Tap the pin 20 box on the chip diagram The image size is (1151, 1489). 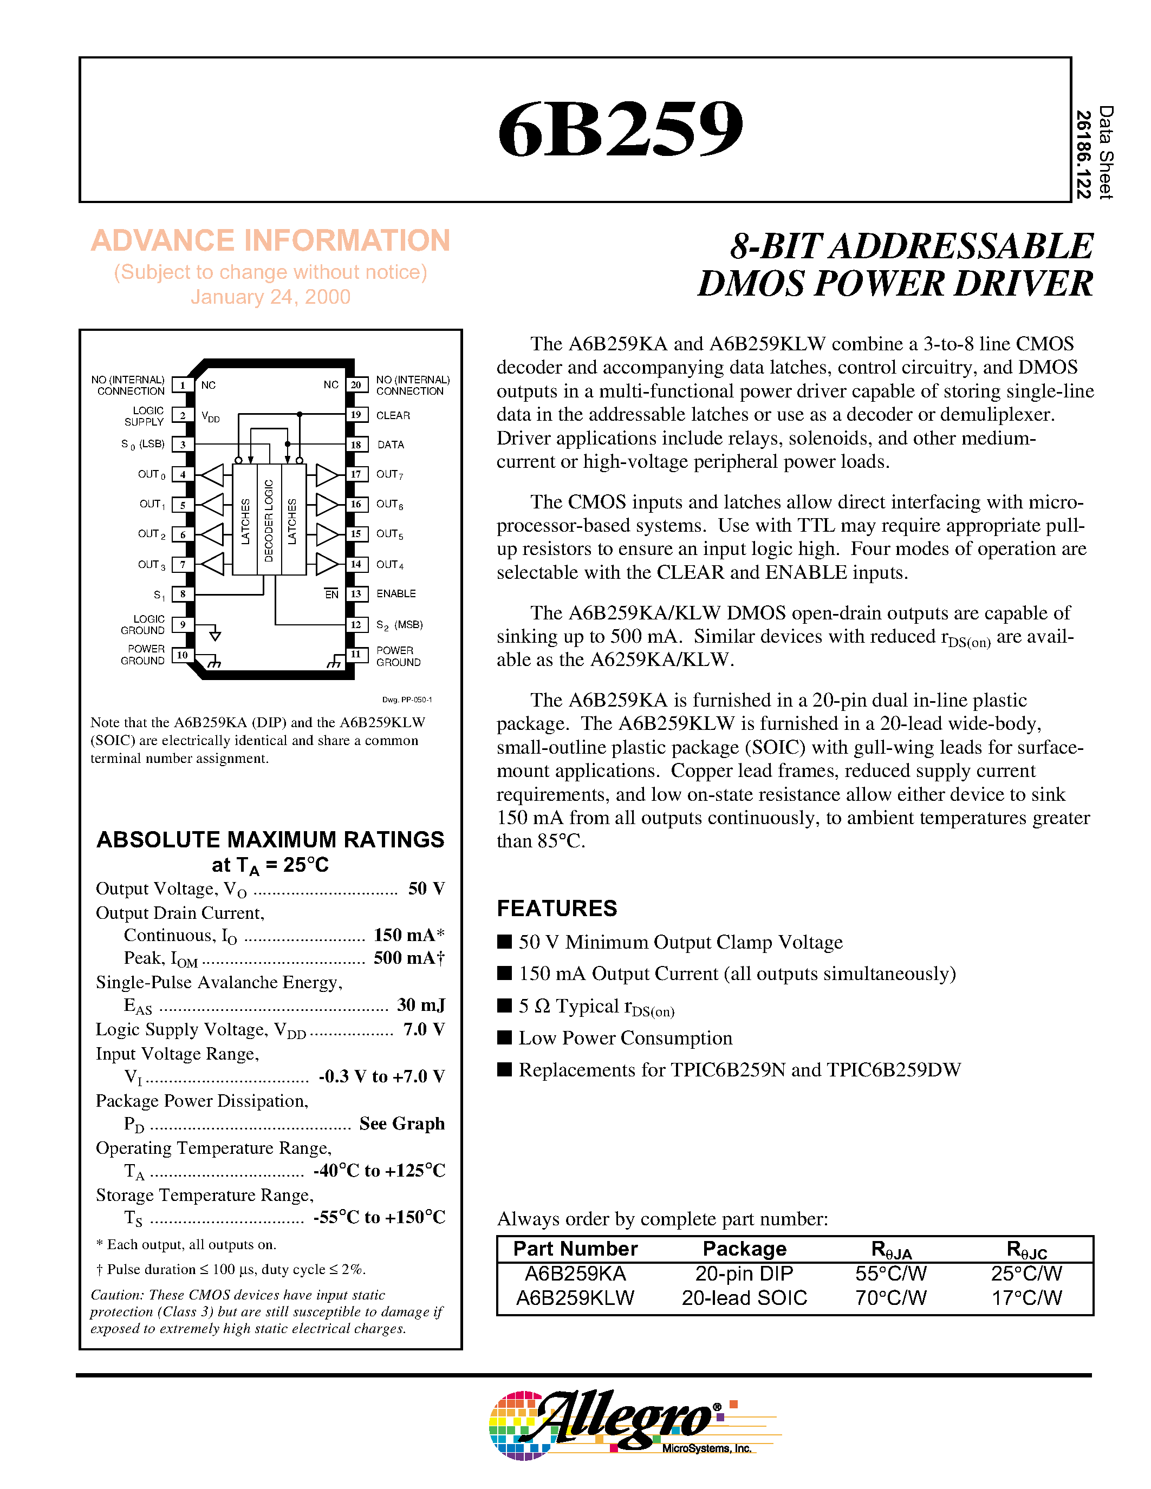point(355,385)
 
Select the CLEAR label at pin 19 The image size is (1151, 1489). point(393,415)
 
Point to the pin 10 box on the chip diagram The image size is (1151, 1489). point(182,655)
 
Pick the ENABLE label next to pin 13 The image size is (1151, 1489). point(395,594)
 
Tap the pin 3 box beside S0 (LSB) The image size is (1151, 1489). point(182,445)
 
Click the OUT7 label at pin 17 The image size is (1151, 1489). point(389,474)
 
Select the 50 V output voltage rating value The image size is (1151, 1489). point(426,889)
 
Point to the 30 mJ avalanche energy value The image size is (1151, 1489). point(421,1005)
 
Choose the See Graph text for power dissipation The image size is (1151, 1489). point(401,1124)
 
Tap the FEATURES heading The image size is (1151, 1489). point(556,908)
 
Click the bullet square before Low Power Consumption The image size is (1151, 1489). point(505,1037)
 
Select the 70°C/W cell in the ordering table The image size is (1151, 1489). point(890,1297)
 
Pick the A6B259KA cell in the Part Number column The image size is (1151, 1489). point(575,1274)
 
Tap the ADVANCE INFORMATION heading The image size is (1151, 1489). point(270,240)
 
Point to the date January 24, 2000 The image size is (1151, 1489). point(270,297)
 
